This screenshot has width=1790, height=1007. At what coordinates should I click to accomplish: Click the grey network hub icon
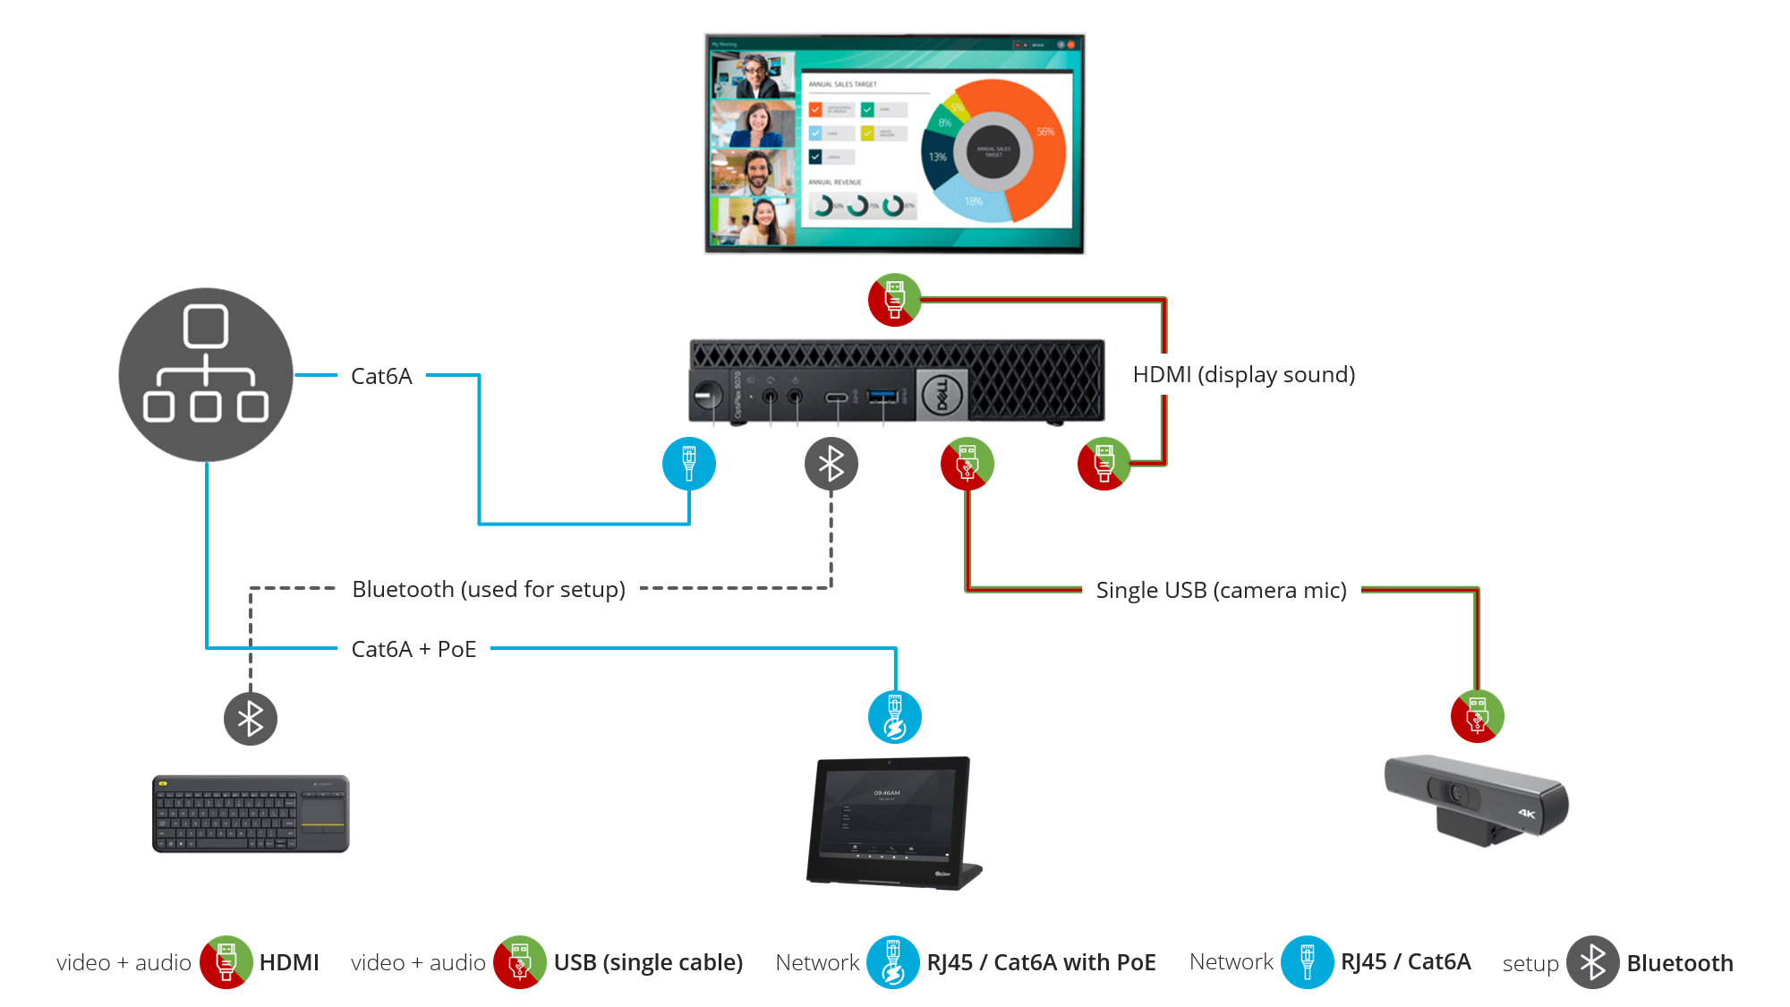tap(206, 374)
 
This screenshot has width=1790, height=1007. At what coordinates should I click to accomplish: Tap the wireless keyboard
tap(251, 814)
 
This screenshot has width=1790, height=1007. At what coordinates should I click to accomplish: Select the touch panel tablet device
tap(893, 822)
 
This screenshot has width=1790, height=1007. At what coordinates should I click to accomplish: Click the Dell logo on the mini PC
tap(942, 394)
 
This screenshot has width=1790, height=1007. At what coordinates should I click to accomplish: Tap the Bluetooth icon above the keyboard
tap(251, 718)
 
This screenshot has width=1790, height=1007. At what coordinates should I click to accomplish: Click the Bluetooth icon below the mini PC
tap(831, 464)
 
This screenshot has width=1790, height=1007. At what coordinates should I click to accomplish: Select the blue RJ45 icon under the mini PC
tap(688, 464)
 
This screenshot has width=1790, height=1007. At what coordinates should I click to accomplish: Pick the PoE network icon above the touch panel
tap(894, 717)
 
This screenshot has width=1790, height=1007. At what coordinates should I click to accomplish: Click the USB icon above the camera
tap(1477, 716)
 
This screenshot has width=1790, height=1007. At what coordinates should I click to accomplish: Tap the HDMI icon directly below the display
tap(894, 300)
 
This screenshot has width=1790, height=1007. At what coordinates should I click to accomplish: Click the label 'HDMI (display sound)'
tap(1243, 374)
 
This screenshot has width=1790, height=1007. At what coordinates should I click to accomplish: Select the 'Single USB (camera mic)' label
tap(1221, 590)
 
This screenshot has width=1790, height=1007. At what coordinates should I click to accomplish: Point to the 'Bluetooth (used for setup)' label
tap(489, 589)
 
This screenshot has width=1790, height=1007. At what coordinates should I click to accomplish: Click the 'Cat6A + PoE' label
tap(413, 649)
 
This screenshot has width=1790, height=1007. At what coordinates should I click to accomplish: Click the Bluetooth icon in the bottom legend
tap(1592, 962)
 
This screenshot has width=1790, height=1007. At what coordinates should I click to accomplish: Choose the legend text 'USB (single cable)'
tap(648, 962)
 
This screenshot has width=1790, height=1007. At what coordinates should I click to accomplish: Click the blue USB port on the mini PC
tap(882, 395)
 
